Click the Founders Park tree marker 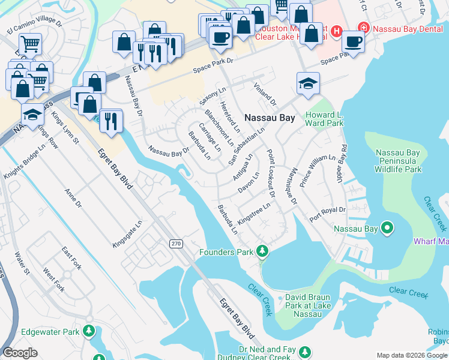[262, 250]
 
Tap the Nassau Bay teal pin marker [387, 227]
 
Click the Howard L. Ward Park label [324, 119]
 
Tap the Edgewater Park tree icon [89, 331]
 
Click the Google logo [20, 353]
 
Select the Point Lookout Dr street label [270, 173]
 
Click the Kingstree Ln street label [255, 212]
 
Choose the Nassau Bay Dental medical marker [363, 27]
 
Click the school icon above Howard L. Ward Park [308, 83]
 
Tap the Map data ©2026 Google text [411, 355]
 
